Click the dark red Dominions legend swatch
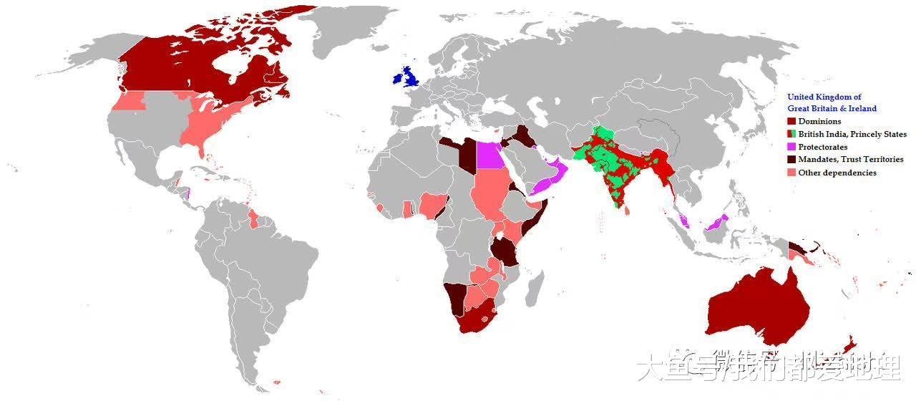791,121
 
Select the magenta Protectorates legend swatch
791,147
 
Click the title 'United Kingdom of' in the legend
824,97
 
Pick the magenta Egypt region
490,154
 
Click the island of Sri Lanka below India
627,208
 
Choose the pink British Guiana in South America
252,218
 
